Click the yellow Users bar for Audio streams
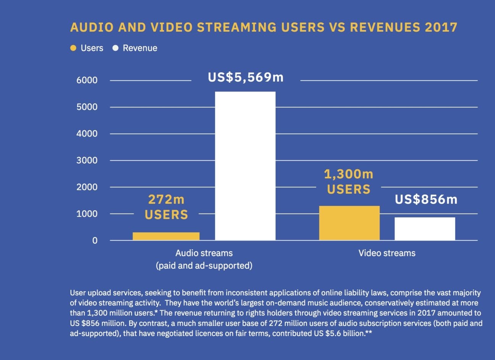[166, 236]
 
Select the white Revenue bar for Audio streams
[245, 166]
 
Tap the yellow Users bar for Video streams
[349, 223]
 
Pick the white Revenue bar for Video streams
[425, 229]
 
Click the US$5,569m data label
[246, 78]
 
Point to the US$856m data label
[426, 199]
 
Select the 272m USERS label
[166, 207]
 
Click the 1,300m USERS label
[348, 182]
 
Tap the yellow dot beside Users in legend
[73, 48]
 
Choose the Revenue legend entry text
[140, 48]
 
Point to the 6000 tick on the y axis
[87, 80]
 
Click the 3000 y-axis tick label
[87, 161]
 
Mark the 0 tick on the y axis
[95, 241]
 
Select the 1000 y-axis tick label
[87, 214]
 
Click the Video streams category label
[387, 253]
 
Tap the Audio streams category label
[204, 253]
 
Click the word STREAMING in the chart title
[239, 28]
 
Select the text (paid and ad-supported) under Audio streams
[204, 266]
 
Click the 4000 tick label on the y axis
[87, 134]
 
